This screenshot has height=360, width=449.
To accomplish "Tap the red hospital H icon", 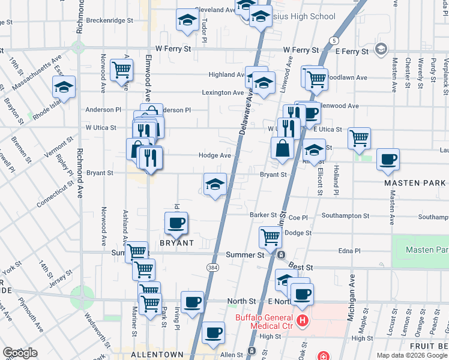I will point(302,321).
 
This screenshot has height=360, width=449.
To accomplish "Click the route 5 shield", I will point(333,40).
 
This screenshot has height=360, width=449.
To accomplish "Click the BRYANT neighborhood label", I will point(176,243).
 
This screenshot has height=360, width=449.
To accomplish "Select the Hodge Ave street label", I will point(215,155).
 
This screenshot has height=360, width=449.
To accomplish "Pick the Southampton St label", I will point(345,215).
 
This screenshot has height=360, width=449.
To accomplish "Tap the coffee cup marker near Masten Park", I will point(388,160).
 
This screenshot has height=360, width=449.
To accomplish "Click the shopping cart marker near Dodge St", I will point(270,238).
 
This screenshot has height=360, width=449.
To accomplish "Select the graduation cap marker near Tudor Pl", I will point(188,22).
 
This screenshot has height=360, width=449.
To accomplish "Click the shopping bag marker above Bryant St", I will point(281,148).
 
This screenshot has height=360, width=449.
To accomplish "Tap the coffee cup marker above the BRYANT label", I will point(176,224).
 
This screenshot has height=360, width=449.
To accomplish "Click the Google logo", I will point(20,353).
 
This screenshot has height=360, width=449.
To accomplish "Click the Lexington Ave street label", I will point(222,92).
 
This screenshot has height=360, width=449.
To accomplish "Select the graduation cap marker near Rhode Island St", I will point(64,88).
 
